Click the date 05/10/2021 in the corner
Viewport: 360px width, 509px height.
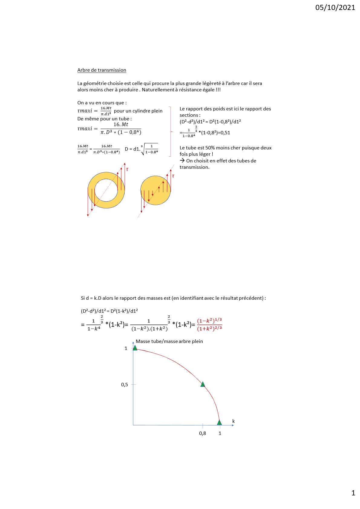(x=335, y=8)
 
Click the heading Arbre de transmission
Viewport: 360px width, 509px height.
(x=102, y=70)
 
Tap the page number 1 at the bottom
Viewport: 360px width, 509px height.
(x=353, y=493)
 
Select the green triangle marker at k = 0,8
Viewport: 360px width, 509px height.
(x=203, y=384)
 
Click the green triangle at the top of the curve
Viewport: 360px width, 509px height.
(x=135, y=348)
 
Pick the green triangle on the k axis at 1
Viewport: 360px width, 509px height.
(x=219, y=423)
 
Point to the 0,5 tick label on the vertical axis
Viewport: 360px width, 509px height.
(x=124, y=385)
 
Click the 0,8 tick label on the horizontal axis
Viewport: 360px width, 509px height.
(x=202, y=433)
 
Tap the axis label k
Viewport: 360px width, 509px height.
(x=233, y=421)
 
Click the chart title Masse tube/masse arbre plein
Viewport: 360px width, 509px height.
(x=169, y=341)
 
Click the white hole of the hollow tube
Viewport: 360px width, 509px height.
(x=106, y=190)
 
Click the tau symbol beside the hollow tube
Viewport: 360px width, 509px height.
(x=127, y=169)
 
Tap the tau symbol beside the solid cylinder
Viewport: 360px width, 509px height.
(x=173, y=176)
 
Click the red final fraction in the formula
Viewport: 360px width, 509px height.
(x=209, y=325)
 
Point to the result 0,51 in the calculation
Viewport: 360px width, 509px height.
(x=225, y=133)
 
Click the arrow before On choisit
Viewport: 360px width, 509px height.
(x=182, y=161)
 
